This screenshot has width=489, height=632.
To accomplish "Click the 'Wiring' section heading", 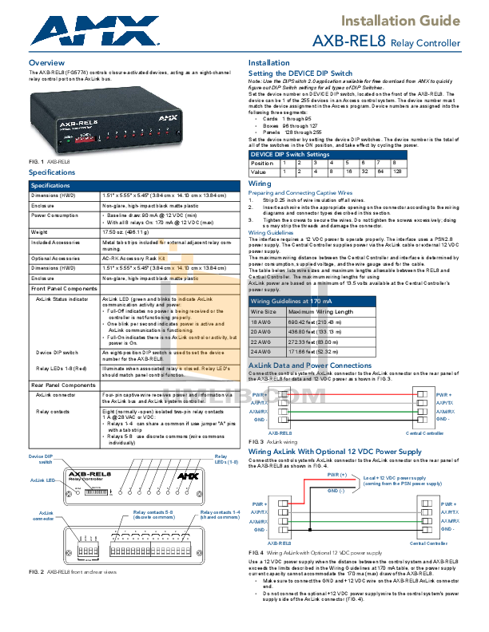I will point(260,183).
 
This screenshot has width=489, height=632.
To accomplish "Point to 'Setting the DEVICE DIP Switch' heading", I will point(300,73).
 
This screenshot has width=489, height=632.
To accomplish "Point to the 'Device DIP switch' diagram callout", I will point(40,459).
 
